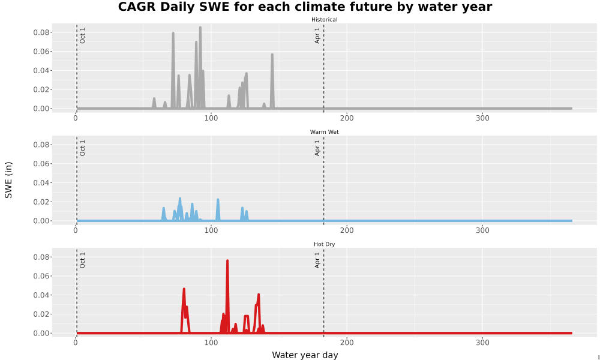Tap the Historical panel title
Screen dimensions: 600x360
[x=324, y=20]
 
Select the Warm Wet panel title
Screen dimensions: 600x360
[x=324, y=132]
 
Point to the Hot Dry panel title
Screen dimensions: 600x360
[x=324, y=244]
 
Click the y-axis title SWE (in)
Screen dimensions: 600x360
[x=8, y=180]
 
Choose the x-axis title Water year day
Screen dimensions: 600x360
[x=305, y=355]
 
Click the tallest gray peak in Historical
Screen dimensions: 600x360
[x=200, y=28]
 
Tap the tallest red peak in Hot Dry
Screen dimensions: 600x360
[x=227, y=261]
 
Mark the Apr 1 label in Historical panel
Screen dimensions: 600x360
[x=317, y=35]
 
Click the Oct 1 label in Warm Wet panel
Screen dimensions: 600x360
[x=82, y=148]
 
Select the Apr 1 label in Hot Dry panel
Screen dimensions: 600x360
[x=317, y=260]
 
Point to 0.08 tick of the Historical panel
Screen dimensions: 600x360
[x=41, y=32]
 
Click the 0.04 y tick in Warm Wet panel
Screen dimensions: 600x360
[x=41, y=183]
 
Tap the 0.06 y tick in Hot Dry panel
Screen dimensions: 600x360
[x=41, y=276]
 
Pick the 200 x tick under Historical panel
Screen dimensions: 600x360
[x=347, y=118]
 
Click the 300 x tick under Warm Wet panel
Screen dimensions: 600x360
[x=482, y=230]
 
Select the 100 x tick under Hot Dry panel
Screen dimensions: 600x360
[x=211, y=343]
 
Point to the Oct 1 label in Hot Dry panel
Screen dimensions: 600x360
[x=82, y=260]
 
